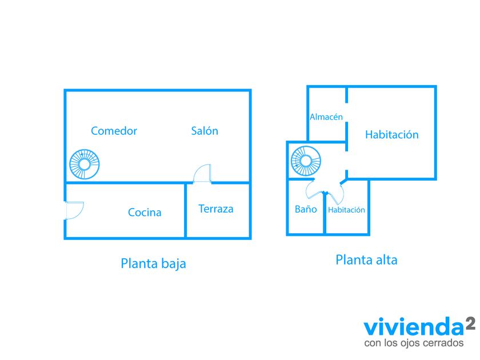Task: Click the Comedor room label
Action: [114, 131]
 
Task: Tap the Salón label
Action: [205, 131]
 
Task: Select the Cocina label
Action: [145, 213]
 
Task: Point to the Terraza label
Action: [216, 209]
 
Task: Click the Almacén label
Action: [326, 117]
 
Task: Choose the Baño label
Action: [306, 209]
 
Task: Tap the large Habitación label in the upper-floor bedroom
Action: [392, 135]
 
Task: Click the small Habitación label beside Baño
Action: [346, 210]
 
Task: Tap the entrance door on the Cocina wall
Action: [74, 210]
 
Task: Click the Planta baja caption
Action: [153, 263]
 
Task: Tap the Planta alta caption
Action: [366, 260]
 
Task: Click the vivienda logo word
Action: [414, 327]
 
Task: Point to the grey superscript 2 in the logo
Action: [470, 323]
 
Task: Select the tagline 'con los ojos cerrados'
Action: [414, 342]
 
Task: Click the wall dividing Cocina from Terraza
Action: [186, 211]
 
